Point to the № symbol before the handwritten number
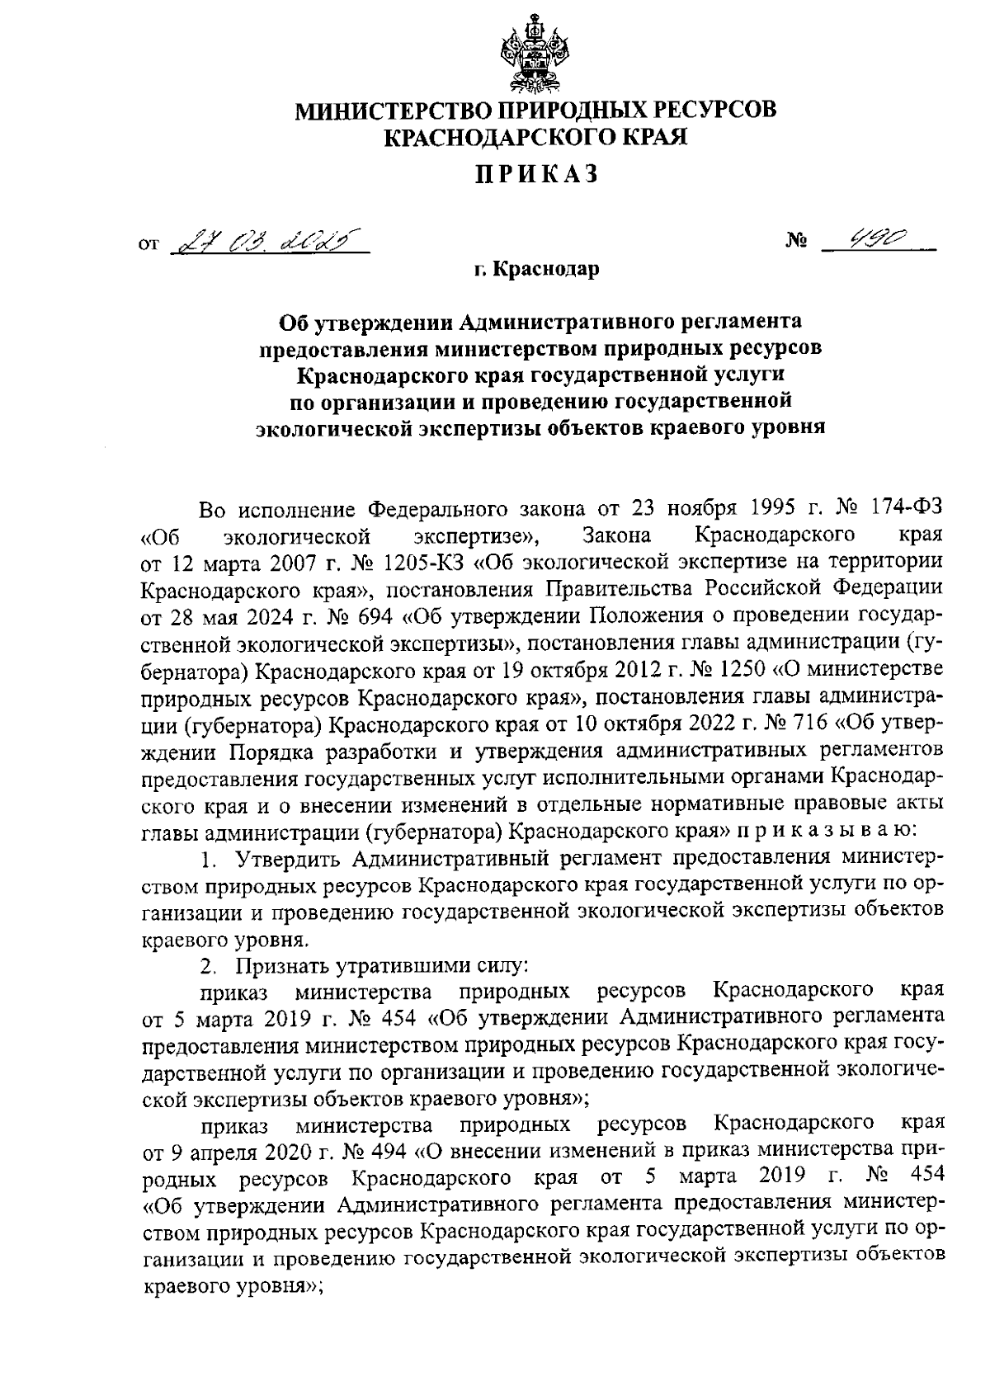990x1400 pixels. click(797, 243)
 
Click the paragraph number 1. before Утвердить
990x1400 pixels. click(209, 858)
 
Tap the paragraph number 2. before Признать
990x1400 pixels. click(209, 964)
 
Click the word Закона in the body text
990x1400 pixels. click(616, 536)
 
